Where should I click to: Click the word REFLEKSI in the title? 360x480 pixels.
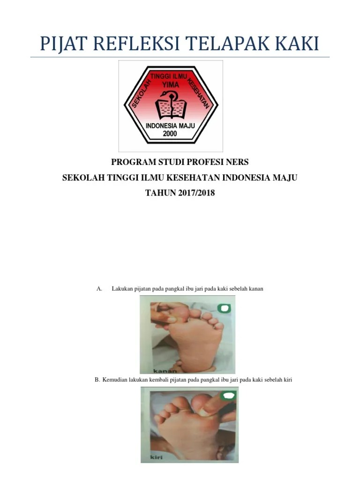click(x=136, y=44)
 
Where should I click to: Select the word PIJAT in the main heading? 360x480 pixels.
click(x=64, y=44)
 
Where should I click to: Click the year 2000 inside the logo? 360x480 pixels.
click(x=170, y=134)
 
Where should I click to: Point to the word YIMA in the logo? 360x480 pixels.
click(x=171, y=84)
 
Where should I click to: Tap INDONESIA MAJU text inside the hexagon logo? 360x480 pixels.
click(x=170, y=126)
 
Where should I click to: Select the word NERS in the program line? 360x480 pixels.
click(x=237, y=162)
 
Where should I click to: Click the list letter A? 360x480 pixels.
click(x=99, y=289)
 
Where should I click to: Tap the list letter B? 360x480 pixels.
click(x=97, y=380)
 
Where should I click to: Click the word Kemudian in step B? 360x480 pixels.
click(x=114, y=380)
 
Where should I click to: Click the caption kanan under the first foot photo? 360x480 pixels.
click(x=165, y=371)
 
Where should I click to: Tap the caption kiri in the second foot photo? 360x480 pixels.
click(x=157, y=457)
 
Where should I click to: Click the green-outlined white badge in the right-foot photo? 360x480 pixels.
click(x=224, y=308)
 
